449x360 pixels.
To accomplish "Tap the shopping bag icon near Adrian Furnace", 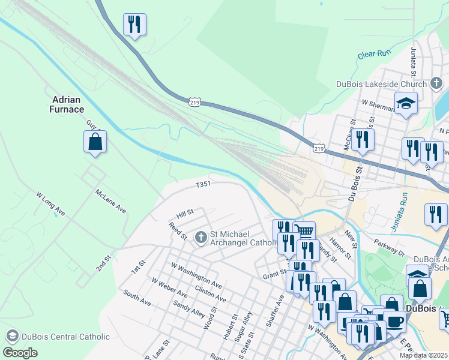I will pos(95,142).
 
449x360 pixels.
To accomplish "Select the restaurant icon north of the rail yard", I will pos(134,25).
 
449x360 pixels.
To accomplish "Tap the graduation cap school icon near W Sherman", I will pos(406,104).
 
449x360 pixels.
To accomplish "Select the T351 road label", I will pos(203,184).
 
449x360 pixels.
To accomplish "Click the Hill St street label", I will pos(185,213).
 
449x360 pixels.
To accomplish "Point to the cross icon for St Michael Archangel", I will pos(200,238).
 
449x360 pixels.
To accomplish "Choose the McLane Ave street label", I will pos(110,201).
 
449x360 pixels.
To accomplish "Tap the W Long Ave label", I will pos(49,204).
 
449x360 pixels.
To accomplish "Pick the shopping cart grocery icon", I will pos(304,231).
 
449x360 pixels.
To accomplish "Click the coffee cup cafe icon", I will pos(394,321).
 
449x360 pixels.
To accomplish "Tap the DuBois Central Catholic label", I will pos(64,337).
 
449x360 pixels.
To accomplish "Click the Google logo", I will pos(20,352).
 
